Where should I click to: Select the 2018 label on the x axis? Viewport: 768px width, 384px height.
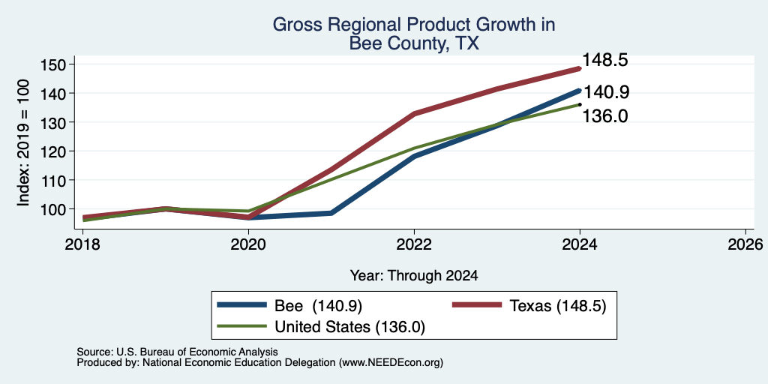[x=82, y=244]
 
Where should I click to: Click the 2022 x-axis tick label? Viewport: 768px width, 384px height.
[x=414, y=244]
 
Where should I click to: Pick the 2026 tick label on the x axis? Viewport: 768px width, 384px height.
[x=746, y=244]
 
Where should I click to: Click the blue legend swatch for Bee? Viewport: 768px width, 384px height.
[x=242, y=306]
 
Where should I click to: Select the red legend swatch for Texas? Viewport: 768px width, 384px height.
[x=476, y=306]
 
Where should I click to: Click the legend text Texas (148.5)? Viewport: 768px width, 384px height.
[x=558, y=306]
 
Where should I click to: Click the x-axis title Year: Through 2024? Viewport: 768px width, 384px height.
[x=414, y=276]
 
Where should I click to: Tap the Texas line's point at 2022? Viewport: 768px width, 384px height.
[x=414, y=114]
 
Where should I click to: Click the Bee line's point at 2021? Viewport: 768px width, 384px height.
[x=331, y=213]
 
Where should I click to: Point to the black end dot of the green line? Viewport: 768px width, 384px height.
[x=580, y=104]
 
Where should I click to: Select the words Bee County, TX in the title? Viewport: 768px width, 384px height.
[x=414, y=43]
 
